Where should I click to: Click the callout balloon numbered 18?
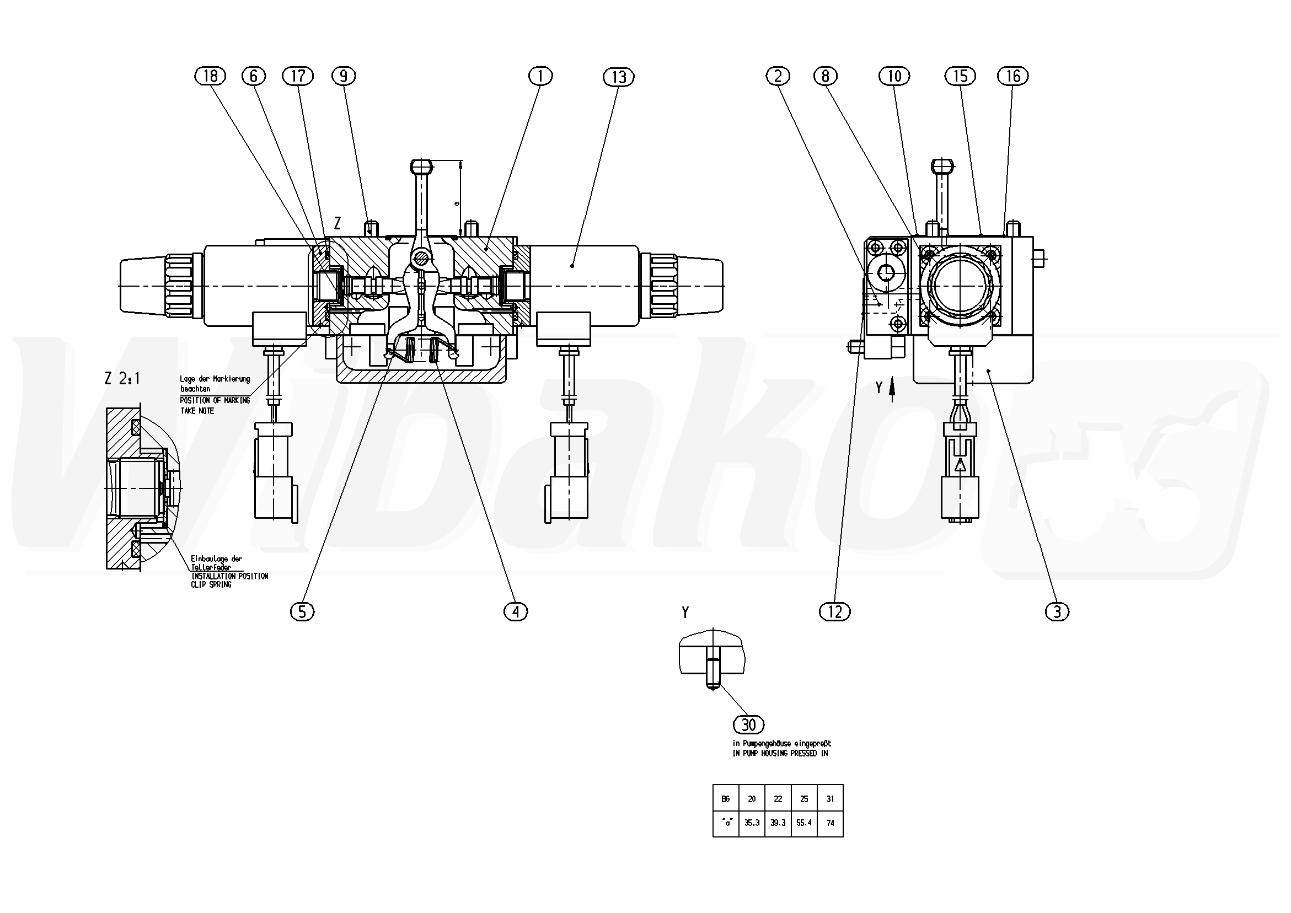[210, 76]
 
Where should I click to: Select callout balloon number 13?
[619, 77]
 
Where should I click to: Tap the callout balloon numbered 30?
[749, 724]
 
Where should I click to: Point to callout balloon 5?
[302, 611]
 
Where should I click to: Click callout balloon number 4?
[516, 611]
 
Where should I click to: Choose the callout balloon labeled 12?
[835, 611]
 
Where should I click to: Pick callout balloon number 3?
[1057, 611]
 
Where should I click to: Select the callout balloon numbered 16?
[1013, 76]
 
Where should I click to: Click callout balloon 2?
[778, 76]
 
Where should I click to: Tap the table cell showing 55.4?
[804, 823]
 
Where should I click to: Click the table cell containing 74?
[831, 823]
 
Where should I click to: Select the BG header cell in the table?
[725, 798]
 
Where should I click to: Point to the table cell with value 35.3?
[752, 823]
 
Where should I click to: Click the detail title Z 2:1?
[122, 378]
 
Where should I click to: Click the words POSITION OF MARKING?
[215, 400]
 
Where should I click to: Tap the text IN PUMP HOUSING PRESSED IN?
[780, 753]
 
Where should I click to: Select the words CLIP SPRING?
[211, 584]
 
